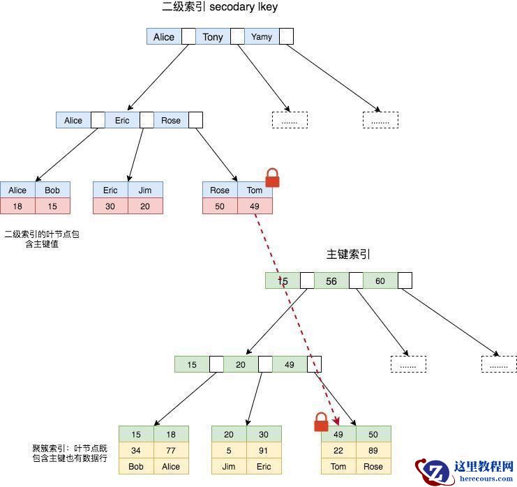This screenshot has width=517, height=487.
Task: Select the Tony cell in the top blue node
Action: click(213, 37)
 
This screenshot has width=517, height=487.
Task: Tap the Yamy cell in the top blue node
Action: click(262, 37)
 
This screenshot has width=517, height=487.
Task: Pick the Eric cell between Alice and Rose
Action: click(122, 121)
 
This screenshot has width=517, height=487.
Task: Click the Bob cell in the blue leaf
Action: click(52, 190)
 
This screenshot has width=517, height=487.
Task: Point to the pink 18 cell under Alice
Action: click(17, 206)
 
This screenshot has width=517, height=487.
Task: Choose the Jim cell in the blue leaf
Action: click(145, 190)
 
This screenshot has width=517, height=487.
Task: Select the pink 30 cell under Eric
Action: click(110, 206)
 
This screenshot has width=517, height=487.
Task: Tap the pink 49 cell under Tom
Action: click(255, 206)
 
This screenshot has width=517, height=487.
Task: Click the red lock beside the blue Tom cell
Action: click(271, 178)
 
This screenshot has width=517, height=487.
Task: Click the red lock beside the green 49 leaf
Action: click(321, 421)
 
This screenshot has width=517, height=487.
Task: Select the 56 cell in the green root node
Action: click(331, 280)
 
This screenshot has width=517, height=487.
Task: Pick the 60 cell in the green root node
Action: click(380, 280)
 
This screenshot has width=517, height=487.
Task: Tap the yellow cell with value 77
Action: click(171, 450)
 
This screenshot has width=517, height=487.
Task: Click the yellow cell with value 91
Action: click(264, 450)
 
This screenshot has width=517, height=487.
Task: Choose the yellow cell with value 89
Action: click(373, 450)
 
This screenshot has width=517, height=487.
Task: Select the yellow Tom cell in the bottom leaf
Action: click(338, 467)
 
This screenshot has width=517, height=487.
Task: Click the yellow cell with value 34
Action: click(136, 450)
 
